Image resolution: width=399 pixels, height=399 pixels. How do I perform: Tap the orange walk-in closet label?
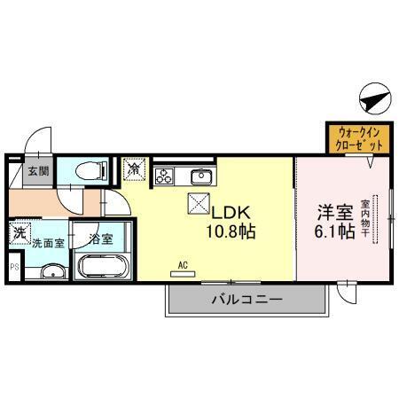coord(359,138)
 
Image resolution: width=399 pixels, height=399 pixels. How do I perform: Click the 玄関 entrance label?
coord(37,172)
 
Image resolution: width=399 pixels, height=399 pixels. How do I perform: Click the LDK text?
coord(232,214)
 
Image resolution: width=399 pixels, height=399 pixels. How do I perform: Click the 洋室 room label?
coord(336,214)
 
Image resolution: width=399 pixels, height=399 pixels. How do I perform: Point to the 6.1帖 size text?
coord(337,233)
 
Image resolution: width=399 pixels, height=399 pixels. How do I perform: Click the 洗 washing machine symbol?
coord(19,234)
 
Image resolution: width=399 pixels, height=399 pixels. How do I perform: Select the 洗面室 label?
coord(48,240)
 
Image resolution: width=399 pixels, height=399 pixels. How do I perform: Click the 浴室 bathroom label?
coord(100,239)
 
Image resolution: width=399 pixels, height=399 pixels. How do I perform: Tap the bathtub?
coord(104,267)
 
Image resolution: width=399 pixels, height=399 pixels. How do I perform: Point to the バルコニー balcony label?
coord(246,300)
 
